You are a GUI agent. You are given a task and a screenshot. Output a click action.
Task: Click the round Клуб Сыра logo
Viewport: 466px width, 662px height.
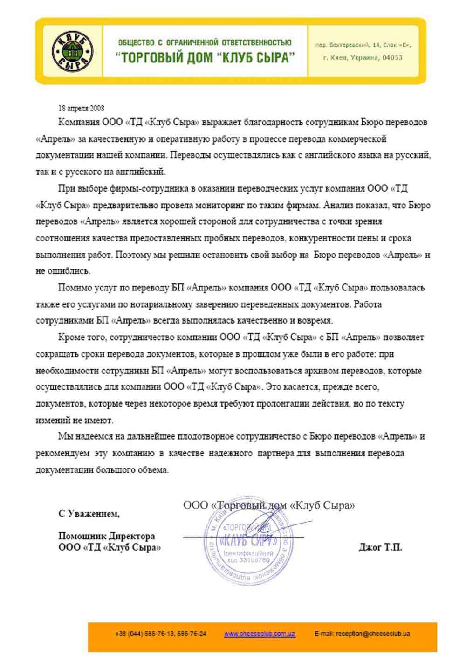coord(72,51)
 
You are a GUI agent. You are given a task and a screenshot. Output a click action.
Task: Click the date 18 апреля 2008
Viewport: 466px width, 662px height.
coord(81,108)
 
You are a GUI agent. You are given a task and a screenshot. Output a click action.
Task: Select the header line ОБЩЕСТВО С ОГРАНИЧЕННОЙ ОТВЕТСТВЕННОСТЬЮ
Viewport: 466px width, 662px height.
coord(205,42)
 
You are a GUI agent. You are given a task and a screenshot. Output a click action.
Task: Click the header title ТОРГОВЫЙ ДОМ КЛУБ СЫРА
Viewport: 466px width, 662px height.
coord(205,58)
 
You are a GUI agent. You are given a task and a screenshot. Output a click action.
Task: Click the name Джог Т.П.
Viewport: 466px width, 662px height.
coord(380,547)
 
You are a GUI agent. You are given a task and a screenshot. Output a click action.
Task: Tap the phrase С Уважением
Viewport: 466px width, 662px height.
coord(89,514)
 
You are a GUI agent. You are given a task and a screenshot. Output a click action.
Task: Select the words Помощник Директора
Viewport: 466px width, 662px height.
coord(107,536)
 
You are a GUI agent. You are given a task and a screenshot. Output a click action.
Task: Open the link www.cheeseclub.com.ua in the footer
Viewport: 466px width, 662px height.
coord(259,634)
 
